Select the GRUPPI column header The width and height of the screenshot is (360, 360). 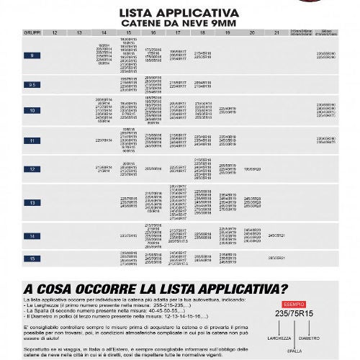click(x=32, y=33)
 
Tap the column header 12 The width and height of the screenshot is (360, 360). click(x=55, y=33)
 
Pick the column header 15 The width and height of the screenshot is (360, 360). click(x=129, y=33)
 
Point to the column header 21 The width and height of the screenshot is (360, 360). click(x=276, y=33)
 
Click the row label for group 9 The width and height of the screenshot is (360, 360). click(x=32, y=55)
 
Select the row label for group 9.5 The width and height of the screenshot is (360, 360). click(x=32, y=85)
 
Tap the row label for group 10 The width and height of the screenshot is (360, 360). click(x=32, y=110)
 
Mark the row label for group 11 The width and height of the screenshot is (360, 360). click(x=32, y=141)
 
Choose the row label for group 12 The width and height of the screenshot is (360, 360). click(x=32, y=169)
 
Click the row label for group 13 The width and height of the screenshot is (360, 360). click(x=32, y=203)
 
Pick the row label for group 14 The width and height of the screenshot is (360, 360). click(x=32, y=235)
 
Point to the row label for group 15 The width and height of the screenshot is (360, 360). click(x=32, y=257)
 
